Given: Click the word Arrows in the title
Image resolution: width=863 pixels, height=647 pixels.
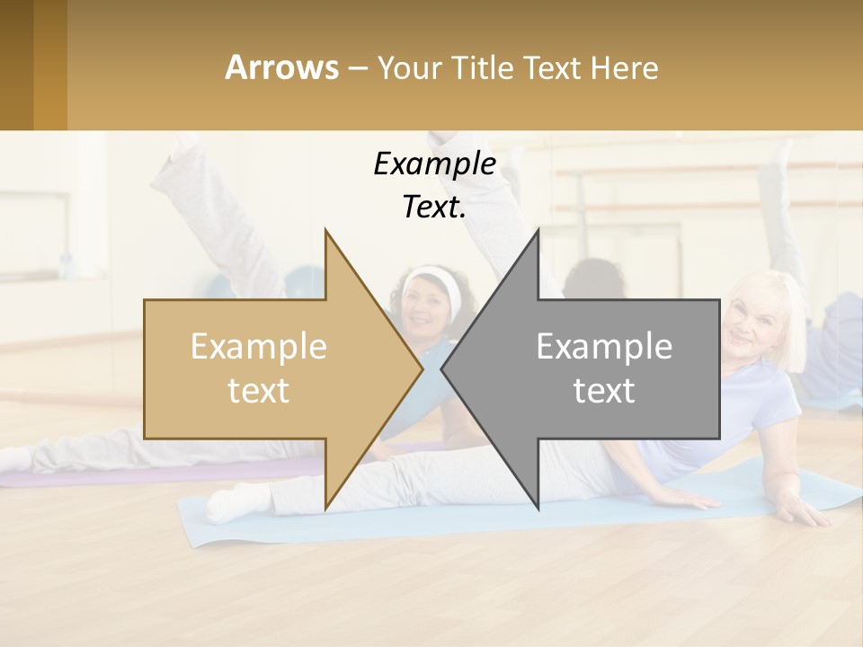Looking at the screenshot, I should point(281,67).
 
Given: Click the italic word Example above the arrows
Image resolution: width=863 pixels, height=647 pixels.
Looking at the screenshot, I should point(434,164).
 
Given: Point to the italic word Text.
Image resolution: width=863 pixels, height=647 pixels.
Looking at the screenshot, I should point(434,208).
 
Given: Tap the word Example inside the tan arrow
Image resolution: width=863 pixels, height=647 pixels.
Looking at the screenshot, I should point(259,347).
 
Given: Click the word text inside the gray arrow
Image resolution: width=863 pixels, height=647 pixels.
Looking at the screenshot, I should point(604,391).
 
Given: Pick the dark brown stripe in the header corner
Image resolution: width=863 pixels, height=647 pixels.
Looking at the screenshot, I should point(16,65).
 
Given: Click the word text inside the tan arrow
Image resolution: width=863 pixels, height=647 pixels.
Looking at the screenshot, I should point(259,391).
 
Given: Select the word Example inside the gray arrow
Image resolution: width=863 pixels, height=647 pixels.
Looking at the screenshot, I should point(604,347).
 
